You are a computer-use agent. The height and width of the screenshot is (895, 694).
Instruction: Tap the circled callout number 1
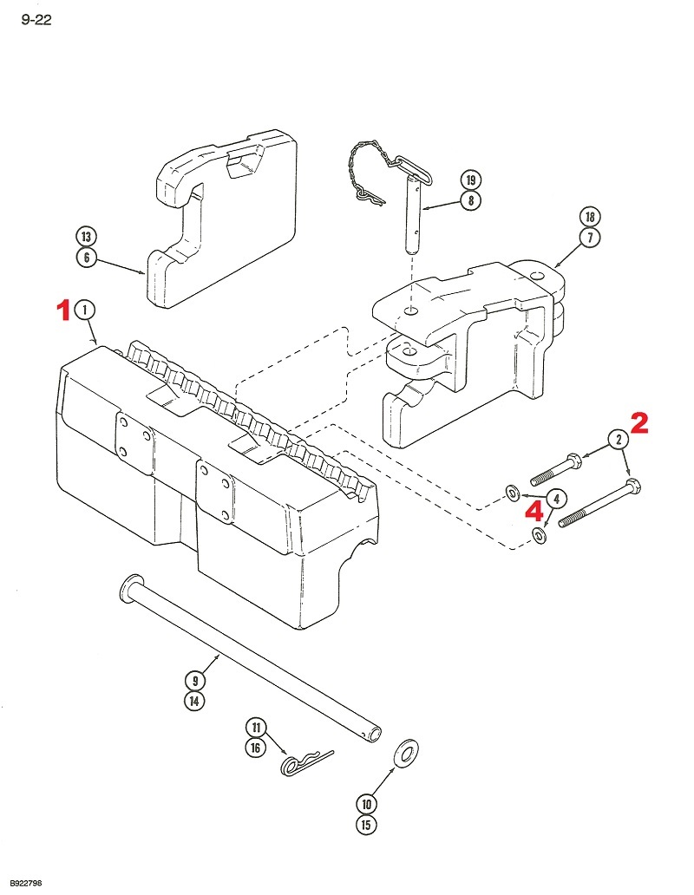[x=85, y=310]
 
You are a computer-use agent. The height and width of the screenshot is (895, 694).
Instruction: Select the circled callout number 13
[x=86, y=237]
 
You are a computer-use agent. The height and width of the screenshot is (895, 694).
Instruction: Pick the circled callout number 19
[x=469, y=180]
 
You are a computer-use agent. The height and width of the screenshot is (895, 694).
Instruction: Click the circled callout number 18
[x=590, y=216]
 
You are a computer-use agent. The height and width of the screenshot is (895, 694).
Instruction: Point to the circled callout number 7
[x=590, y=237]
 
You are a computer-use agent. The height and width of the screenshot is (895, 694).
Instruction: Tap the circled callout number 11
[x=256, y=727]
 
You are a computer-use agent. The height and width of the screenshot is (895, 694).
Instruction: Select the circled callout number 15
[x=367, y=825]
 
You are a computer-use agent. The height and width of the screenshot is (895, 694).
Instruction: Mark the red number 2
[x=638, y=423]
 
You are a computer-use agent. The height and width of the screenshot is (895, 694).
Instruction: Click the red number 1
[x=63, y=310]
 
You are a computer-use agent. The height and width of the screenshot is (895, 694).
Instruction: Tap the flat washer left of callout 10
[x=405, y=753]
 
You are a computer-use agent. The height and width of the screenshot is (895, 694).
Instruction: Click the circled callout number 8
[x=469, y=201]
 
